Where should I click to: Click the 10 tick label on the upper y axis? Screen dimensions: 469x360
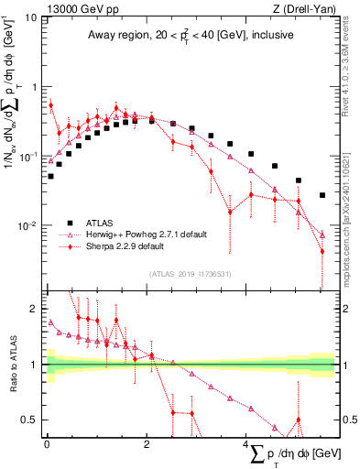(x=30, y=17)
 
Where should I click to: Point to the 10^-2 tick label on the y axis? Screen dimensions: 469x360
(x=27, y=225)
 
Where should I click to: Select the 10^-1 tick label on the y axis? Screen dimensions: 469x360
(x=27, y=157)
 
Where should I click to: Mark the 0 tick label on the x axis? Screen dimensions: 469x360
(x=47, y=442)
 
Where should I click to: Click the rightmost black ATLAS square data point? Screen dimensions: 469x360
(x=322, y=195)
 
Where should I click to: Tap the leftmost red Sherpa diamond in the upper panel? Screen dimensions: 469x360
(x=50, y=105)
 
